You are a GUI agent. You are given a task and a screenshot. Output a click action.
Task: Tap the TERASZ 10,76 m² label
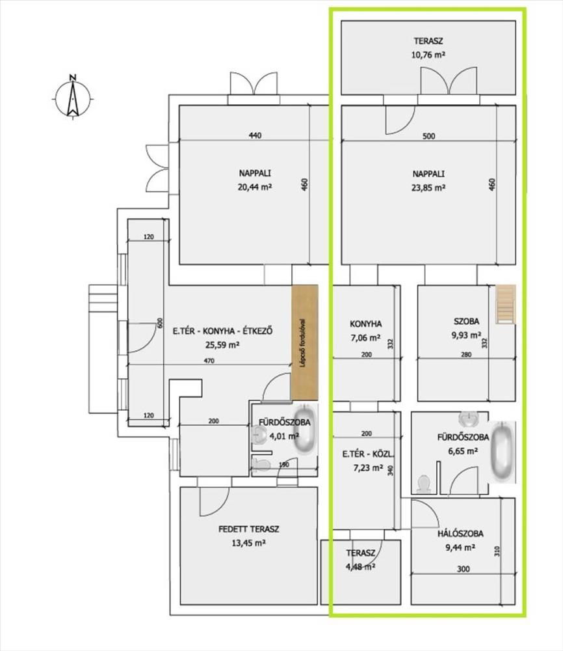pyautogui.click(x=428, y=48)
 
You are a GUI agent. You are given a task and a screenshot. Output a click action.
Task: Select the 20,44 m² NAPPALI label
pyautogui.click(x=255, y=180)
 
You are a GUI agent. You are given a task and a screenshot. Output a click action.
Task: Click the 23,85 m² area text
pyautogui.click(x=428, y=187)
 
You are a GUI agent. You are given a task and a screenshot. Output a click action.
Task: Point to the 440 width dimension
pyautogui.click(x=255, y=135)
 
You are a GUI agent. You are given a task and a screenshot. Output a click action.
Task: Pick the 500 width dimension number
pyautogui.click(x=428, y=136)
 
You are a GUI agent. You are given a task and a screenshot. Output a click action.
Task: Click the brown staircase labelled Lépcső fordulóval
pyautogui.click(x=304, y=343)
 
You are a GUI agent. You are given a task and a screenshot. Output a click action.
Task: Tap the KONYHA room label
pyautogui.click(x=365, y=324)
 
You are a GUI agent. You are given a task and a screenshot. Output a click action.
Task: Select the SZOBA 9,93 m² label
pyautogui.click(x=466, y=328)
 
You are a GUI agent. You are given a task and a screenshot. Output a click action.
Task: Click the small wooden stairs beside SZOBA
pyautogui.click(x=506, y=304)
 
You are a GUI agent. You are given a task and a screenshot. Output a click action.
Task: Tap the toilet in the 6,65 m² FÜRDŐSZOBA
pyautogui.click(x=423, y=484)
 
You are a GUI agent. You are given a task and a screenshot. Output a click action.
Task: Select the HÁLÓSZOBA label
pyautogui.click(x=460, y=534)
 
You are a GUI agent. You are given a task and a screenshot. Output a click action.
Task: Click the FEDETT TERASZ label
pyautogui.click(x=249, y=529)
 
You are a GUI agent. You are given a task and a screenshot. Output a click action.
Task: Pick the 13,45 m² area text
pyautogui.click(x=249, y=543)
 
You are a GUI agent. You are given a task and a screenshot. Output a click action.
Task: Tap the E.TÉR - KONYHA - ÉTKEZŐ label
pyautogui.click(x=222, y=331)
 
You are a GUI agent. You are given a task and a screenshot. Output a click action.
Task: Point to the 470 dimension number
pyautogui.click(x=209, y=361)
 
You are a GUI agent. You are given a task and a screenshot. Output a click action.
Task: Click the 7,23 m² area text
pyautogui.click(x=368, y=468)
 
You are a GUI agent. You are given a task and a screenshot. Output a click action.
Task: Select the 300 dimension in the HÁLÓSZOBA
pyautogui.click(x=463, y=569)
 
